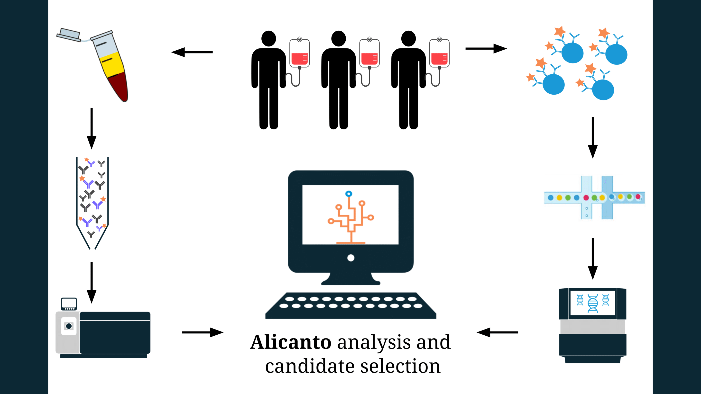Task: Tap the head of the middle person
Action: coord(339,38)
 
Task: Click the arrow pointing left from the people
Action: coord(192,52)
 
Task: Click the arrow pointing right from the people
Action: coord(486,49)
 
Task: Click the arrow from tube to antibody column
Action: coord(92,128)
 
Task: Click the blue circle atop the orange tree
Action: coord(349,194)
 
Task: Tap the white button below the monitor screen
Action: coord(351,258)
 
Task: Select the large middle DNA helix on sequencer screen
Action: coord(593,303)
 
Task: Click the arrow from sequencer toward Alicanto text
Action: coord(497,332)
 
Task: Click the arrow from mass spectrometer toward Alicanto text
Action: coord(203,332)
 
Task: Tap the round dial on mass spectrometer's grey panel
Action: coord(69,326)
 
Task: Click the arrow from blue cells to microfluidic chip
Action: coord(593,137)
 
